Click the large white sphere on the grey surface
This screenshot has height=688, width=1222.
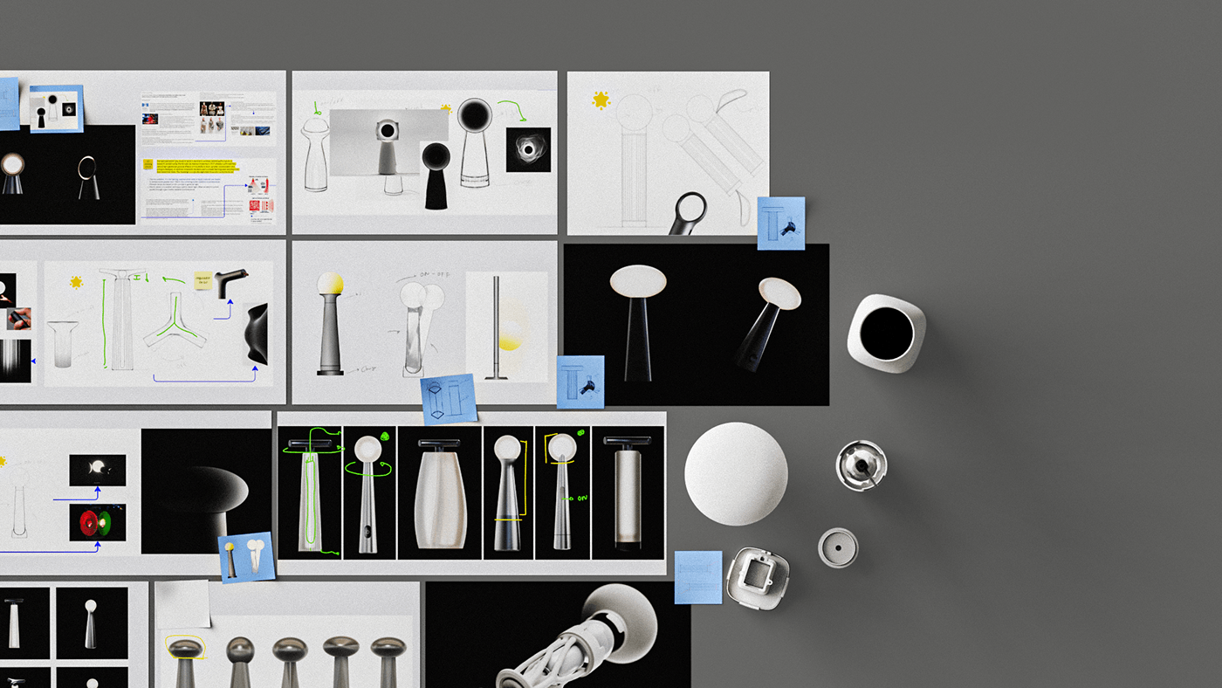pyautogui.click(x=736, y=474)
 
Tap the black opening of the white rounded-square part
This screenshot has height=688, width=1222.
pyautogui.click(x=887, y=334)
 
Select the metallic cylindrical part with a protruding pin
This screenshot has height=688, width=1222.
pyautogui.click(x=861, y=465)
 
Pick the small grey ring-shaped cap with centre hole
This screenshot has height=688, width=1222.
pyautogui.click(x=838, y=547)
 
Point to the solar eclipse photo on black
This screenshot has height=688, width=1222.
pyautogui.click(x=528, y=149)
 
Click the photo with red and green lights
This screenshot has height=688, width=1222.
pyautogui.click(x=98, y=521)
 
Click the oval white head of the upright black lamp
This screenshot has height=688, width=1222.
pyautogui.click(x=637, y=280)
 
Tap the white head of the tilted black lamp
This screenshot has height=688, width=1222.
pyautogui.click(x=779, y=294)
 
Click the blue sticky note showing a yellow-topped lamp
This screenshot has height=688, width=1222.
pyautogui.click(x=246, y=557)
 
